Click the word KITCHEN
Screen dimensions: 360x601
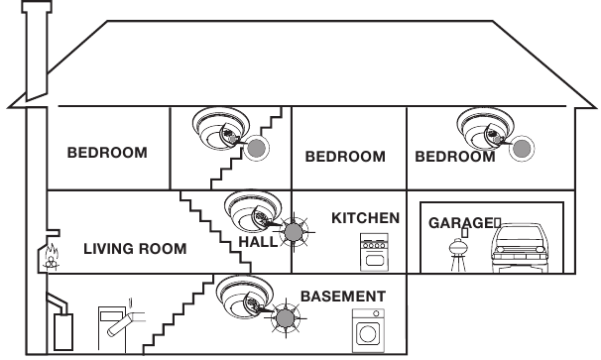point(365,217)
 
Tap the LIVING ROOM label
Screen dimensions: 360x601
point(135,248)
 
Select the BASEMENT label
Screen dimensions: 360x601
point(343,296)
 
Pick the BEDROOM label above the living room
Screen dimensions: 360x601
point(107,153)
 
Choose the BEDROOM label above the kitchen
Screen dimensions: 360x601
point(344,157)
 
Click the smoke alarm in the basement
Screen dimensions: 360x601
point(241,296)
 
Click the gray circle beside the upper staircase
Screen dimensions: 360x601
point(258,150)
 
